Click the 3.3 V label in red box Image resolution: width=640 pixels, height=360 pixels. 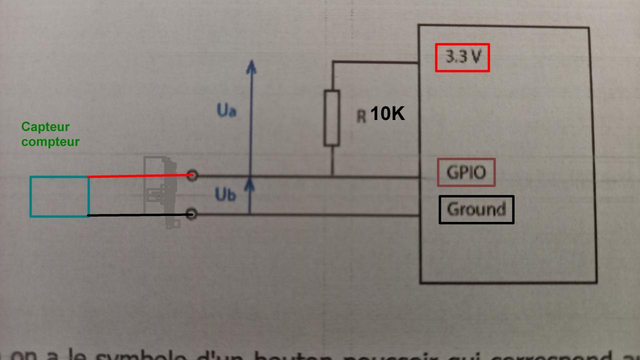pyautogui.click(x=462, y=57)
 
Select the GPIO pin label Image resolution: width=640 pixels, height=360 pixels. pyautogui.click(x=466, y=172)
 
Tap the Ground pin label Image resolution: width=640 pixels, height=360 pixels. pyautogui.click(x=476, y=209)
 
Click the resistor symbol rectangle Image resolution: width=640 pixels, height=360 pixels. pyautogui.click(x=331, y=118)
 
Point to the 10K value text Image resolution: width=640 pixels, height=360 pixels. pyautogui.click(x=387, y=114)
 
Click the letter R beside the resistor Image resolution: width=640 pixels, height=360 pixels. pyautogui.click(x=361, y=116)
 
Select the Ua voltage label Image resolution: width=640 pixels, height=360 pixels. pyautogui.click(x=226, y=110)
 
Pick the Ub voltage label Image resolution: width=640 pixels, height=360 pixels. pyautogui.click(x=225, y=194)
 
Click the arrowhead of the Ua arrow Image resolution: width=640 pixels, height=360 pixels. pyautogui.click(x=251, y=67)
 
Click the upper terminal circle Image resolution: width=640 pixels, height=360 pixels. pyautogui.click(x=192, y=175)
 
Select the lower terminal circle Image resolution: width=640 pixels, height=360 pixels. pyautogui.click(x=191, y=214)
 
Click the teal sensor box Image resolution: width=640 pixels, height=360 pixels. pyautogui.click(x=59, y=196)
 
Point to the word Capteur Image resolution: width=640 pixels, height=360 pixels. pyautogui.click(x=45, y=127)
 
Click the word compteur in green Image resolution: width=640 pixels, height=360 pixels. pyautogui.click(x=50, y=141)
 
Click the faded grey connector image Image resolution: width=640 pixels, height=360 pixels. pyautogui.click(x=160, y=192)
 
